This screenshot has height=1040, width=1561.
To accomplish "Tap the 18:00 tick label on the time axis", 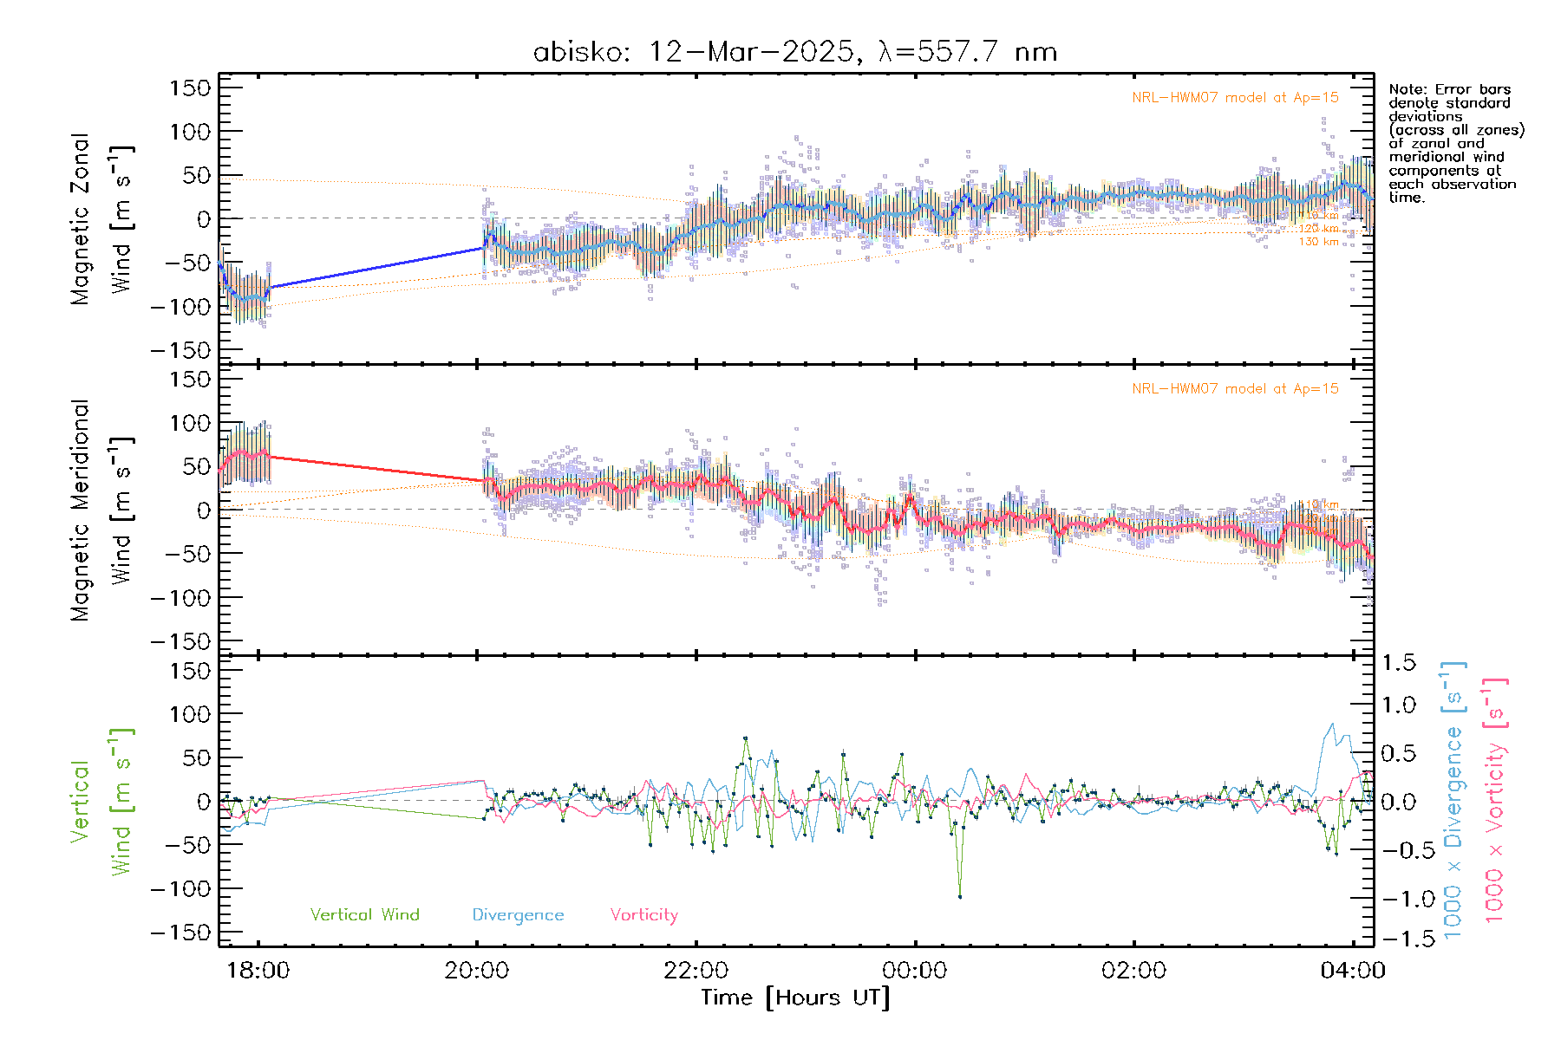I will pos(258,971).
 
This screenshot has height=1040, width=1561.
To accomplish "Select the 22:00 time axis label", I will pos(696,971).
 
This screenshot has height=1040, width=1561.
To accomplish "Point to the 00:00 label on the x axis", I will pos(915,971).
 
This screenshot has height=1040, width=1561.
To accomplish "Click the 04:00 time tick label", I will pos(1353,971).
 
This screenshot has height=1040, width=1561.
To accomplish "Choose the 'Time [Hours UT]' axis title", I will pos(795,998).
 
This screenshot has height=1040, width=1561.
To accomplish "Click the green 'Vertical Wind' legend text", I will pos(364,915).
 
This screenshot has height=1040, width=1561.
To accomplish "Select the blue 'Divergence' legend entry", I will pos(518,915).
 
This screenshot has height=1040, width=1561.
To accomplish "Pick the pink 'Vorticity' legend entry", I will pos(643,915).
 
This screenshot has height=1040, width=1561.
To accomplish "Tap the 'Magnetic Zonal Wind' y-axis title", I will pos(102,218).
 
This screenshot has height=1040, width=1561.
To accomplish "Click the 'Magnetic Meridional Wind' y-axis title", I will pos(102,510).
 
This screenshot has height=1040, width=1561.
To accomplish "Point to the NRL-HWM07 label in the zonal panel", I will pos(1235,98).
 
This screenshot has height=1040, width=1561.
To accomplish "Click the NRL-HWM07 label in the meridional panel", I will pos(1235,389).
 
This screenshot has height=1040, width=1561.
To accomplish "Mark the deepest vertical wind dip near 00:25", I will pos(960,896).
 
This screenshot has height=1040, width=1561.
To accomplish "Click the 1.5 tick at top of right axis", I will pos(1398,663).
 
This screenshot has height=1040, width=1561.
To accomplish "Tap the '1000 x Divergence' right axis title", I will pos(1453,801).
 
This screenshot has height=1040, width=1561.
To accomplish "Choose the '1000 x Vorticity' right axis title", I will pos(1495,801).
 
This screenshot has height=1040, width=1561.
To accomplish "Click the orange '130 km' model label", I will pos(1318,242).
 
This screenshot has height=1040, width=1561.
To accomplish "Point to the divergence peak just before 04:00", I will pos(1332,725).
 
